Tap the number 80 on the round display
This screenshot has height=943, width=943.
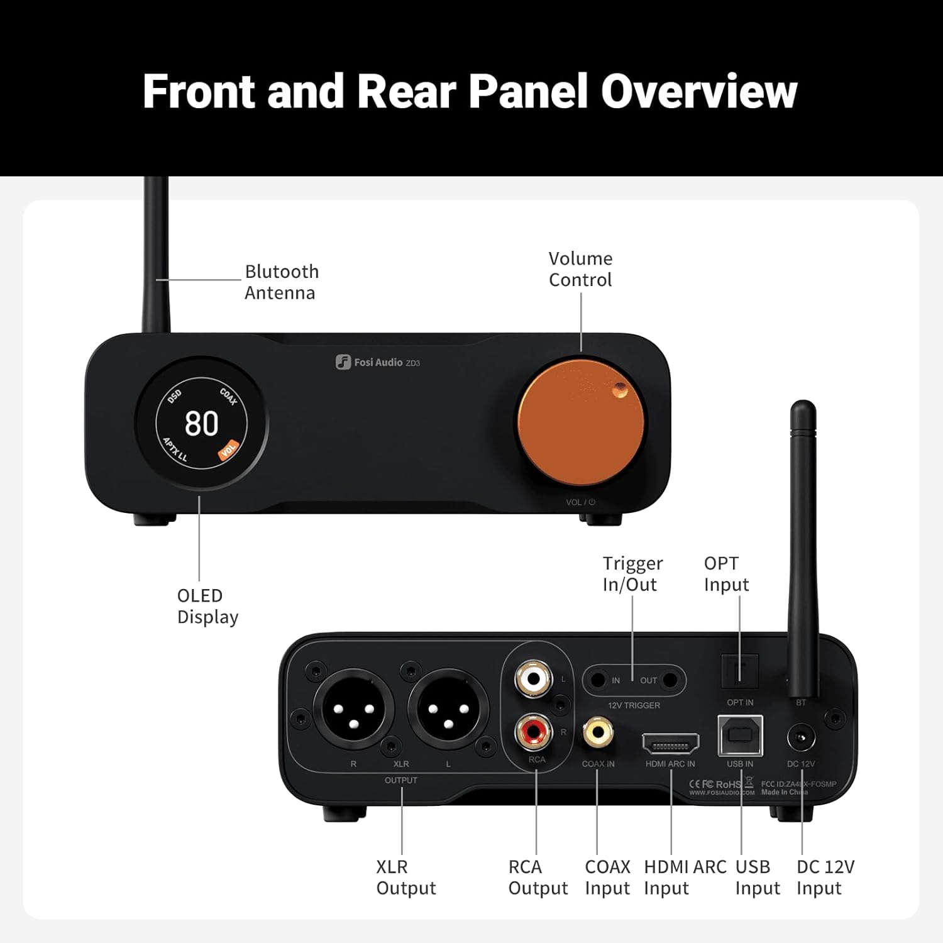(x=201, y=423)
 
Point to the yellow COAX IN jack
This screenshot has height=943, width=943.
(x=598, y=732)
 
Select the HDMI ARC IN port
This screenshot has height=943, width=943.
(x=670, y=744)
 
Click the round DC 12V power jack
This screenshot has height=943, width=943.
(x=801, y=738)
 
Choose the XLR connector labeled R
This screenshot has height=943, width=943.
(x=353, y=709)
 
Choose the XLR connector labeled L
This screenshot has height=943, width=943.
(x=448, y=709)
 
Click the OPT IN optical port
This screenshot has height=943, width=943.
(x=739, y=673)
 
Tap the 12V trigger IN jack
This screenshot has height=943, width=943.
(x=598, y=680)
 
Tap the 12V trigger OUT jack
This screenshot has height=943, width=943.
(x=670, y=680)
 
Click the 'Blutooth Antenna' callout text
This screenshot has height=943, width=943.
(x=282, y=282)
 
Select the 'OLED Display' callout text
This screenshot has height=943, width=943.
(x=207, y=606)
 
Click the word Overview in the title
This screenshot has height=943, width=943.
(x=698, y=92)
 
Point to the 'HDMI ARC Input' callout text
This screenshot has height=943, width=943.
(x=685, y=878)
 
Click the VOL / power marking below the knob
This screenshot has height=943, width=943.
(x=580, y=502)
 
